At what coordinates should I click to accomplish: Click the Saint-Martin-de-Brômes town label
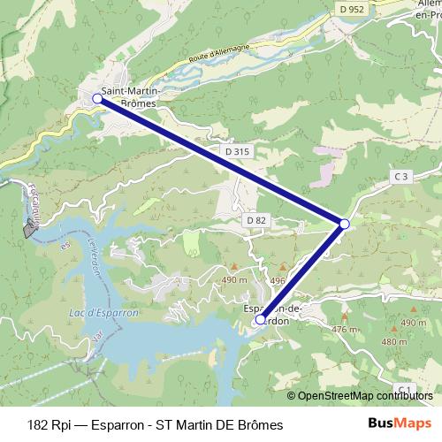coord(129,96)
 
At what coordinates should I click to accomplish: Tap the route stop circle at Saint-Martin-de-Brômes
coord(98,100)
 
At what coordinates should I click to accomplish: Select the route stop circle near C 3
coord(344,225)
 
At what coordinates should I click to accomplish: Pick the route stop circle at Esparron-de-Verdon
coord(260,321)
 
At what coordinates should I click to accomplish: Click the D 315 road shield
coord(238,152)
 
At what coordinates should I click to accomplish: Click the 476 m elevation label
coord(344,330)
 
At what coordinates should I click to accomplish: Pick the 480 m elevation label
coord(394,340)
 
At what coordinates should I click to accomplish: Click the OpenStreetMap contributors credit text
coord(365,396)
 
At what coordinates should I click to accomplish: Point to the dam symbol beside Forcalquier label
coord(32,230)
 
